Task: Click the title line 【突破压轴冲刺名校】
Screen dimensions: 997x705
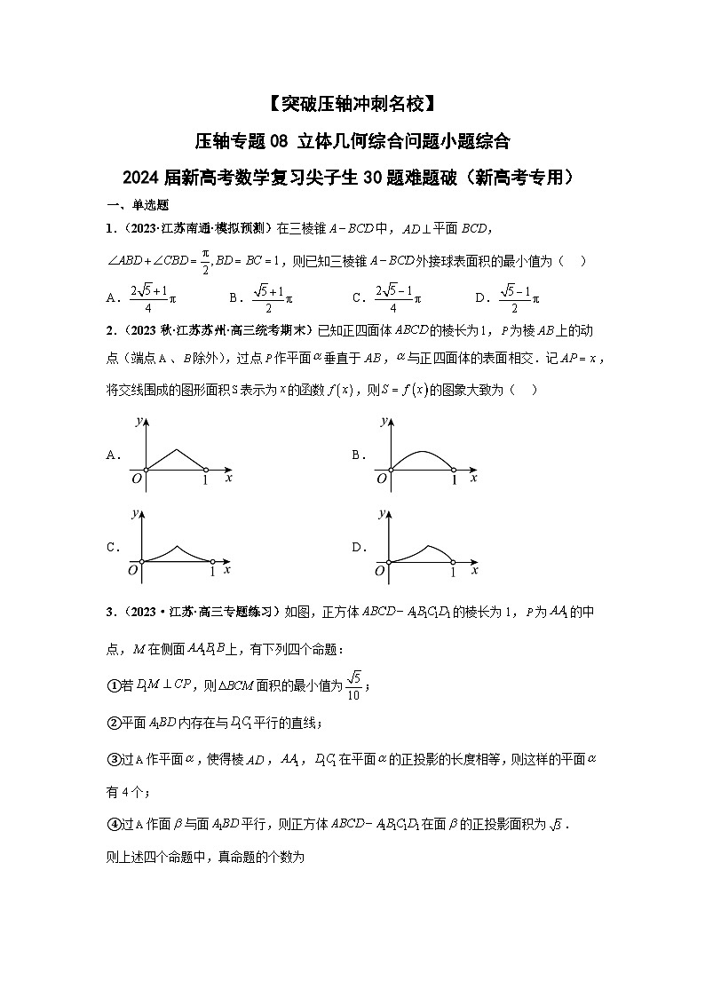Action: click(352, 104)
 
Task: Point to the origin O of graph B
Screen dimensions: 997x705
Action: click(382, 479)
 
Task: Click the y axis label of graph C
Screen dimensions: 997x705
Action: click(134, 514)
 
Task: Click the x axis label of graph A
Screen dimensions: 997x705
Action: click(228, 479)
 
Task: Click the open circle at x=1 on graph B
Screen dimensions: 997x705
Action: click(453, 468)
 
